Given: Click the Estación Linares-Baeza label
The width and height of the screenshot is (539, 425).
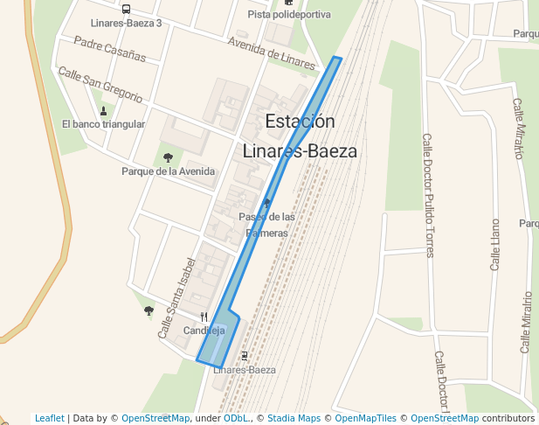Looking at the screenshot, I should (299, 136).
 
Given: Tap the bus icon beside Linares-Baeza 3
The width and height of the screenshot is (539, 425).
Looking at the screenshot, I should (127, 10).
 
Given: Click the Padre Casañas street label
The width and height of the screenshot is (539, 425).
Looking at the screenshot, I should (109, 48).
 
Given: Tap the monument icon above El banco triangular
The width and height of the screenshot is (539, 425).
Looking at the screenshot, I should (104, 111).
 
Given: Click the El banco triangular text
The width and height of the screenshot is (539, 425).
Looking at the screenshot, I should (103, 124).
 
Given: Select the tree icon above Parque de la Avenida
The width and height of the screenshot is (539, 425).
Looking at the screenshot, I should (168, 158).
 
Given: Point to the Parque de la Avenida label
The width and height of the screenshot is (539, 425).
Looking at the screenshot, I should (167, 171).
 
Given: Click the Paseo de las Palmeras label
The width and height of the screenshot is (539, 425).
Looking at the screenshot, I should (266, 225).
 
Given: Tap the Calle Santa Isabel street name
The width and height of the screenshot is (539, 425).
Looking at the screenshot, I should (173, 303).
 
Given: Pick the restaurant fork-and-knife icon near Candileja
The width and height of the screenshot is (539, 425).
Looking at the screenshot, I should (204, 317).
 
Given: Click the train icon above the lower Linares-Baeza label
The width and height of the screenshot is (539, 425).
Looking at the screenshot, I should (244, 356).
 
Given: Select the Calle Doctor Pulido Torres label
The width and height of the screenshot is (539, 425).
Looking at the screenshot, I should (428, 196).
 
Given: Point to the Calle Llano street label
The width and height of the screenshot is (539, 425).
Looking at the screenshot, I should (495, 245).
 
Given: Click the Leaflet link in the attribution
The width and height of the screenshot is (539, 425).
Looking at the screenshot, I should (50, 418).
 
